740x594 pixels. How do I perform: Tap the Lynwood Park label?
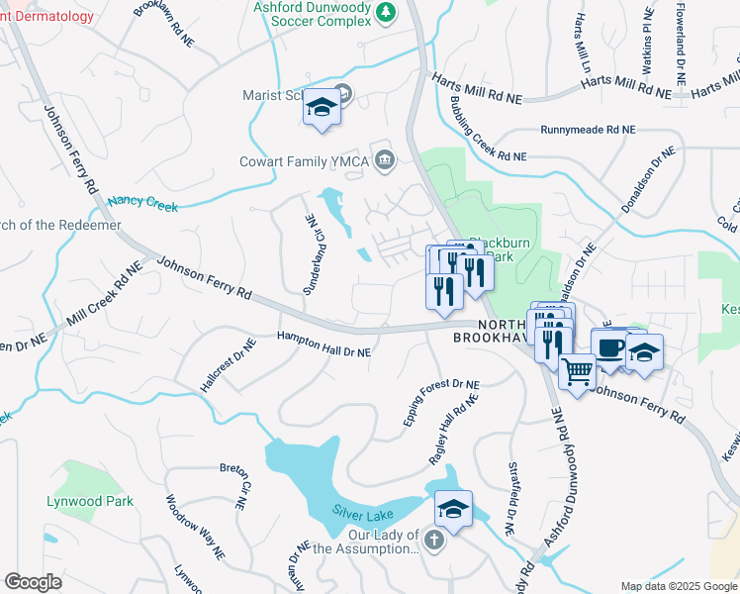(x=90, y=501)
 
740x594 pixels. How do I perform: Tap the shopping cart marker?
(x=578, y=373)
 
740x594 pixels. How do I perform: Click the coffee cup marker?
(x=610, y=348)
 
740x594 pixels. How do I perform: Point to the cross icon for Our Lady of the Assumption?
(x=435, y=540)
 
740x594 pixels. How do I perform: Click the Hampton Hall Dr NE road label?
(x=324, y=345)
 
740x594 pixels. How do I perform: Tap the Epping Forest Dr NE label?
(x=441, y=403)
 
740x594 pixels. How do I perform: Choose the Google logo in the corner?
(x=33, y=582)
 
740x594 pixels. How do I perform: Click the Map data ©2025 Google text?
(x=678, y=586)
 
